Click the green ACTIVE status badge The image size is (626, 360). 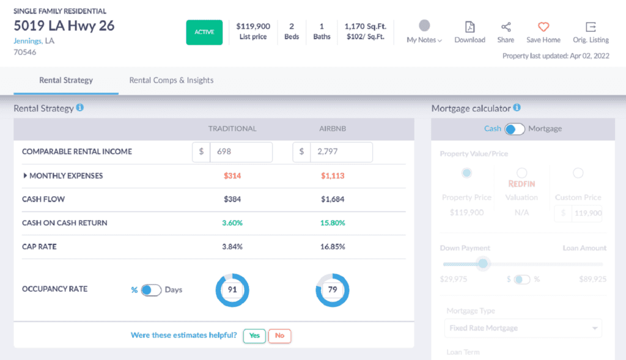click(x=204, y=32)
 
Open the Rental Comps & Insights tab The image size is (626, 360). click(x=171, y=80)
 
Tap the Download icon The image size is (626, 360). click(x=469, y=27)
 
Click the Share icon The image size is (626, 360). click(x=506, y=27)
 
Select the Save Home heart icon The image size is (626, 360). click(x=543, y=27)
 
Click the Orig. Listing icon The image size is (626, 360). click(x=591, y=27)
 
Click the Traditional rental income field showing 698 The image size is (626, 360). click(x=241, y=152)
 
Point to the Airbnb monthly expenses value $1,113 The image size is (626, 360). click(x=333, y=176)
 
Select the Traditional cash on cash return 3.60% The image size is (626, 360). click(x=232, y=223)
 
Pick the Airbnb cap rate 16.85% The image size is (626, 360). click(x=333, y=247)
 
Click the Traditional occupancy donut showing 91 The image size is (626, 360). click(x=232, y=290)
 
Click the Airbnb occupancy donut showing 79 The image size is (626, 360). click(x=333, y=290)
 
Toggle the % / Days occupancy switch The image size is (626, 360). click(x=151, y=290)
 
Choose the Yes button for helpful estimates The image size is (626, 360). click(x=254, y=336)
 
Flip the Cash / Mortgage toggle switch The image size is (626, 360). click(x=515, y=129)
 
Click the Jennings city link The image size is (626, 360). click(x=28, y=40)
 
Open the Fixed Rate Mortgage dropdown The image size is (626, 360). click(x=523, y=328)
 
